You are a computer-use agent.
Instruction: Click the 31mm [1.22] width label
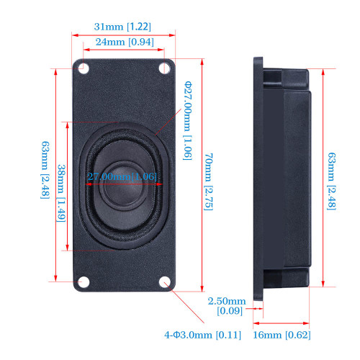(122, 27)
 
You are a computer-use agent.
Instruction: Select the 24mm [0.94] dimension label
(125, 42)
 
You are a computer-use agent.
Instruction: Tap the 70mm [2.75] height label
(208, 181)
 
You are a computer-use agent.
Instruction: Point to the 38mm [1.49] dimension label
(61, 193)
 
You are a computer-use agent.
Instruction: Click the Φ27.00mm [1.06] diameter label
(188, 121)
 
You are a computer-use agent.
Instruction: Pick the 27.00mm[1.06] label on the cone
(122, 176)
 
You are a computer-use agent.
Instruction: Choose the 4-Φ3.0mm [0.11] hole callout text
(202, 335)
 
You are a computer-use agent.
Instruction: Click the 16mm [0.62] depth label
(282, 335)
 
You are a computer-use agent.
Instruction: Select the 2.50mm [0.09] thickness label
(227, 306)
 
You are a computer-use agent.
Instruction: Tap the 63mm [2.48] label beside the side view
(331, 181)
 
